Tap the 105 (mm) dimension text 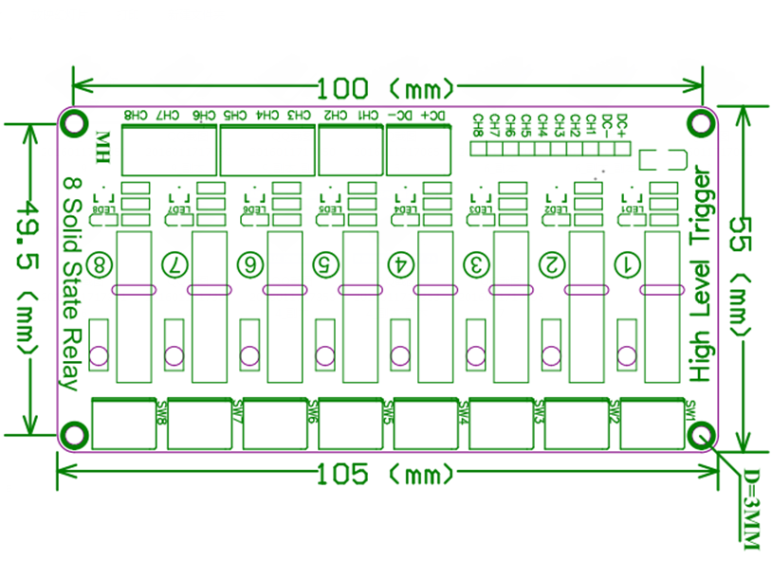[384, 473]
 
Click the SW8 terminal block [123, 422]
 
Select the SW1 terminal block [652, 422]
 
